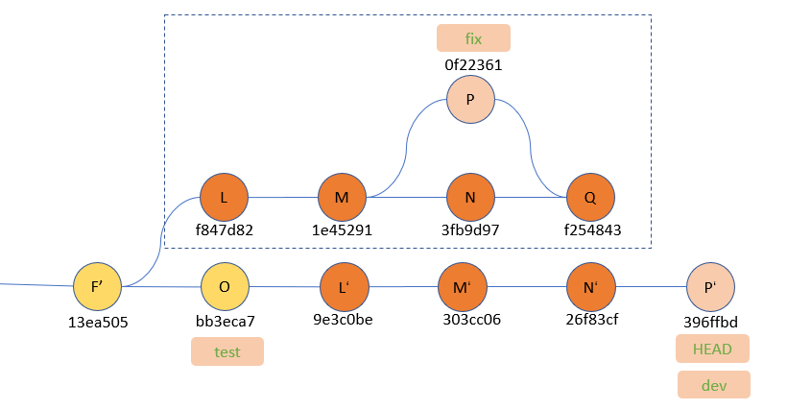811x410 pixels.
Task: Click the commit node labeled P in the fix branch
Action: click(x=470, y=100)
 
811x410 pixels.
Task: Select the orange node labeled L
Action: click(x=224, y=197)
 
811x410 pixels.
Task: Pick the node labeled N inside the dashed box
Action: click(x=470, y=197)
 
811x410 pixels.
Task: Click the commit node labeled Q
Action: click(x=589, y=197)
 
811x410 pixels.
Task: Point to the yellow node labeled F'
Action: click(x=98, y=286)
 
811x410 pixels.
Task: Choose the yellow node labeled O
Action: click(x=225, y=286)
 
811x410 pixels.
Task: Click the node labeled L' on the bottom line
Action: click(x=344, y=286)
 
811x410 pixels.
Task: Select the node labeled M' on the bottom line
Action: click(x=462, y=286)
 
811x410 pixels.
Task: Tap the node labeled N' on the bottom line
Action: click(x=590, y=286)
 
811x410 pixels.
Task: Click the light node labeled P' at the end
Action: click(x=711, y=286)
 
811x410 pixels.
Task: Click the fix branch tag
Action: click(x=473, y=38)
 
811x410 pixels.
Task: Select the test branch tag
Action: click(x=227, y=351)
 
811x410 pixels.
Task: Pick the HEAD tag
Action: click(x=712, y=349)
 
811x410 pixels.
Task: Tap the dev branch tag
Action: click(x=713, y=385)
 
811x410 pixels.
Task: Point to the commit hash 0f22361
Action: click(x=473, y=65)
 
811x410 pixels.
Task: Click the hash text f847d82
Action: click(x=225, y=230)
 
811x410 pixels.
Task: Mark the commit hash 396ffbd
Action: click(x=711, y=320)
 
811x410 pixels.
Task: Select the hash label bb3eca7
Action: click(x=227, y=320)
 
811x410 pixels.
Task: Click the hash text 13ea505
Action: click(x=99, y=322)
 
